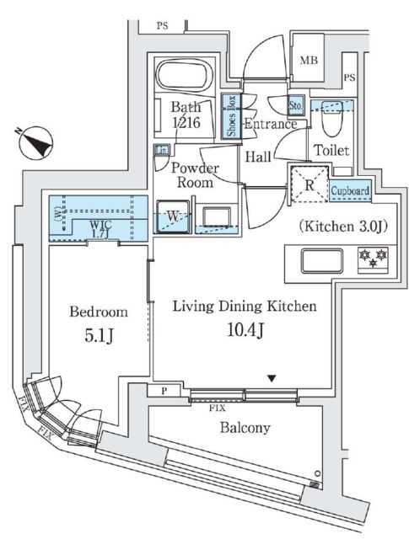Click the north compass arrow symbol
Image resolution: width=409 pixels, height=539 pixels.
click(x=35, y=142)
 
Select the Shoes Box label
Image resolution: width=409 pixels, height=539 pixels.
click(x=229, y=116)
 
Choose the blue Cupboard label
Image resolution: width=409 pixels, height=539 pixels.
click(x=349, y=191)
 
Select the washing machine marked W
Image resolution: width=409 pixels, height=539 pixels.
click(x=173, y=216)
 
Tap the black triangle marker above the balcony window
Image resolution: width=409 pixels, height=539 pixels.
click(x=271, y=379)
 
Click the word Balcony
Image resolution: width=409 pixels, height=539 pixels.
click(x=245, y=428)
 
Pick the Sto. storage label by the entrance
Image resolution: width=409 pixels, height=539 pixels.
click(x=296, y=107)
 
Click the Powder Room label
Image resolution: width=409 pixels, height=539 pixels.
click(x=195, y=174)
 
